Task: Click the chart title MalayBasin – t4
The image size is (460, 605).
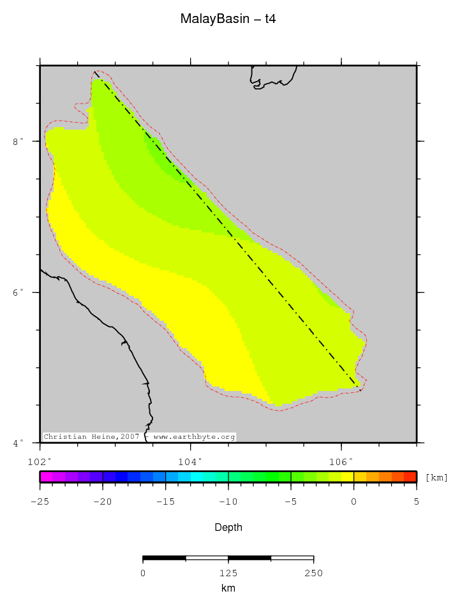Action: (228, 19)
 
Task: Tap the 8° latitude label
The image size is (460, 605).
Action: (19, 141)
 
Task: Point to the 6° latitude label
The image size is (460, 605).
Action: (19, 292)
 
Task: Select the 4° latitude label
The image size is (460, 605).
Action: (19, 442)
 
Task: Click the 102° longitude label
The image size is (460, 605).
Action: (40, 461)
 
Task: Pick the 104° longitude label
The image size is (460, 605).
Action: (190, 461)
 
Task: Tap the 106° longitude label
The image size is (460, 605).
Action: (341, 461)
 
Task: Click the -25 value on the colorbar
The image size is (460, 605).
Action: (40, 502)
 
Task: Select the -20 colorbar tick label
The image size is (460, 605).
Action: (102, 502)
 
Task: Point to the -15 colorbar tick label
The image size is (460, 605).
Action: (165, 502)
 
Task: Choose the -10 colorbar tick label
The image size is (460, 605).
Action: (228, 502)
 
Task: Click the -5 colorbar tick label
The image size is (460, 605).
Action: (291, 502)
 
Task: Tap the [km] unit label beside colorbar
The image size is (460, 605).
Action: (437, 477)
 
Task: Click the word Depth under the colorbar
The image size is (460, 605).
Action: (228, 528)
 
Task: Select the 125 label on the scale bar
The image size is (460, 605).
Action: (228, 573)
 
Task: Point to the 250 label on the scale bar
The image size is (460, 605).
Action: (313, 573)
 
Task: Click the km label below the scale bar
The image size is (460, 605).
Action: (228, 588)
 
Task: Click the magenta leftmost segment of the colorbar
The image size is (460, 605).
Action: (46, 477)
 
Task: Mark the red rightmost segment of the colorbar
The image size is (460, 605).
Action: (410, 477)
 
